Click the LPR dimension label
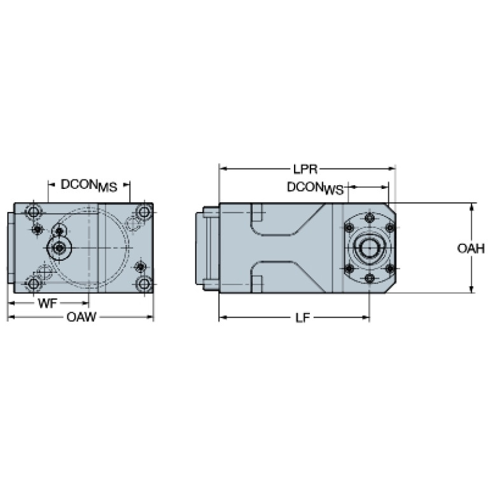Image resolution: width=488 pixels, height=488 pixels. (305, 169)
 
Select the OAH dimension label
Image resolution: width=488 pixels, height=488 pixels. (471, 248)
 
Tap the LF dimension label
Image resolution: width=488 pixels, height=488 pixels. (302, 317)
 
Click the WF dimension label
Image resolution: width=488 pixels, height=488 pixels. (47, 303)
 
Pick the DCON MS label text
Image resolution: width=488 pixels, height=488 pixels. (89, 186)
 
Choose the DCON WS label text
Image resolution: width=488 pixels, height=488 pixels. (316, 188)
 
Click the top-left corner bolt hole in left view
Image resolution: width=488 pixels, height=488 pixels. (33, 213)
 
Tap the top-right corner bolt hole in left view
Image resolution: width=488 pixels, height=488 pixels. (144, 213)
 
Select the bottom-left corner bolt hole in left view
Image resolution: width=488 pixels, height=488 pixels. (33, 284)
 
